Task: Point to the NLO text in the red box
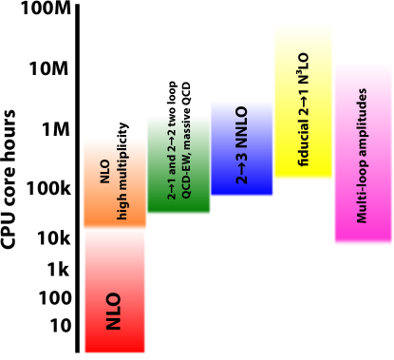(x=114, y=311)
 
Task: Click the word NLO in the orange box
(x=105, y=171)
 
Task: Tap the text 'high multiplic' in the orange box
(x=122, y=179)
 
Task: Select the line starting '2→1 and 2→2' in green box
(x=172, y=158)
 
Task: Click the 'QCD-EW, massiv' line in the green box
(x=186, y=156)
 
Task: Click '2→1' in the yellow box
(x=304, y=102)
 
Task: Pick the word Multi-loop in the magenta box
(x=363, y=196)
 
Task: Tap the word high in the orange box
(x=122, y=207)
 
